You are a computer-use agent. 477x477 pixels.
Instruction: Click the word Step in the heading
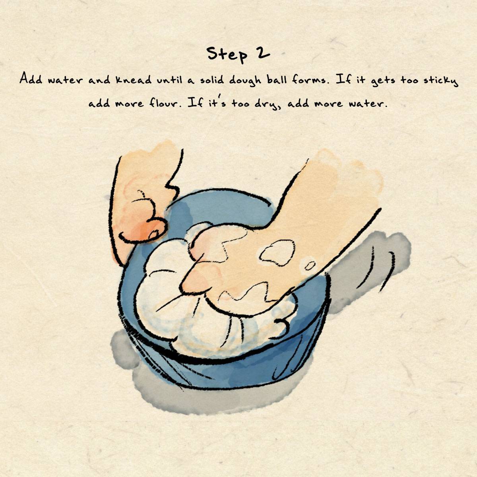click(x=227, y=54)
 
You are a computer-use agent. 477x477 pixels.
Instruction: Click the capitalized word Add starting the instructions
click(x=31, y=79)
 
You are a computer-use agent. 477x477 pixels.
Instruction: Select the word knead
click(x=133, y=79)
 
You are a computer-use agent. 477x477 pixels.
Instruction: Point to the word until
click(x=169, y=79)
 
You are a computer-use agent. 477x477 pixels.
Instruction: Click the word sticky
click(x=441, y=81)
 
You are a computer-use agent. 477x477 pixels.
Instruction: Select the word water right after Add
click(x=66, y=80)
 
